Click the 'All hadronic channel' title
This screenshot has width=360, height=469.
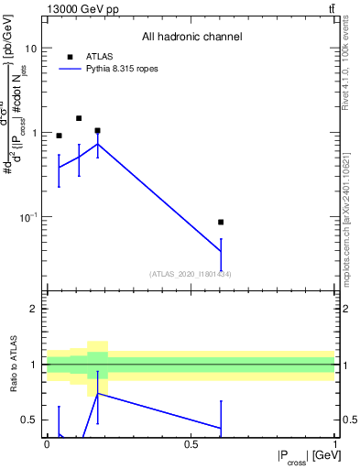[x=191, y=37]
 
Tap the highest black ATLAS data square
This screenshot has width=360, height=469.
[x=79, y=118]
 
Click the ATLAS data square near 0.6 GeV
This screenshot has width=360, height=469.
[x=221, y=222]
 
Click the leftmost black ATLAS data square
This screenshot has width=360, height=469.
[x=60, y=136]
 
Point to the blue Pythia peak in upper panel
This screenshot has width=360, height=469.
[x=98, y=144]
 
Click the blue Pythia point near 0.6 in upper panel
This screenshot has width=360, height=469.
[x=221, y=251]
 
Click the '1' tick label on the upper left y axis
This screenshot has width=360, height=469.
[x=34, y=133]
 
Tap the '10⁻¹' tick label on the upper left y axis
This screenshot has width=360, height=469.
[x=28, y=217]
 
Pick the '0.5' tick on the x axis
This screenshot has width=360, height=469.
[x=191, y=443]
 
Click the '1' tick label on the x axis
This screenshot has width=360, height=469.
[x=334, y=443]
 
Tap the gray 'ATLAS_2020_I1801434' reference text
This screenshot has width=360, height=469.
[x=191, y=274]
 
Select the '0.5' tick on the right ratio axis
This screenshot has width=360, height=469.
[x=348, y=420]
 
